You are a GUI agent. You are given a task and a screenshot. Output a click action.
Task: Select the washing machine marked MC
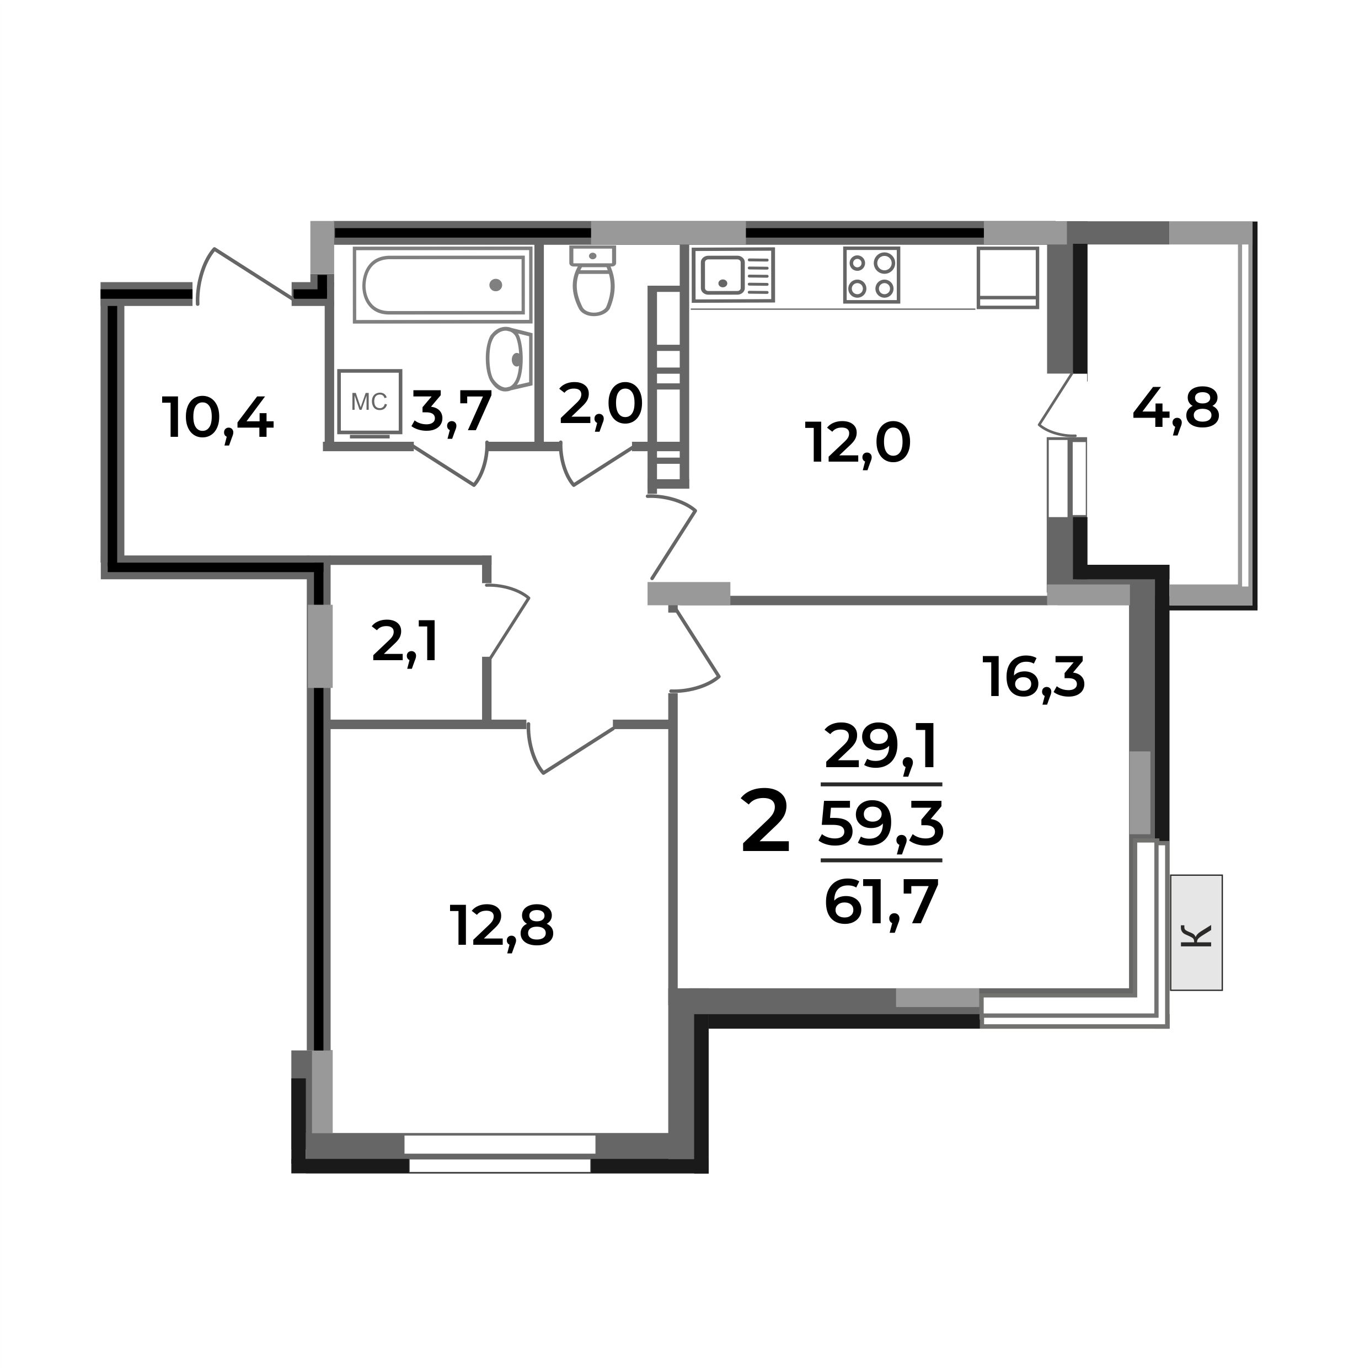point(370,402)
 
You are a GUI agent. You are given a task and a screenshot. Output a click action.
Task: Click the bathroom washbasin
point(509,359)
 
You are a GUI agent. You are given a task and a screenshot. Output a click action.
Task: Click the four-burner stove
point(871,275)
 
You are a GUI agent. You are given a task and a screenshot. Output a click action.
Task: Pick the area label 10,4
point(218,419)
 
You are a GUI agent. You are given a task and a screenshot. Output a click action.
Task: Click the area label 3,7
point(451,411)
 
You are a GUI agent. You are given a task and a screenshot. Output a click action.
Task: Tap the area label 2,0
point(600,405)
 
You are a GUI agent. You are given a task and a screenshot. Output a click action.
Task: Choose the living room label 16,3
point(1033,677)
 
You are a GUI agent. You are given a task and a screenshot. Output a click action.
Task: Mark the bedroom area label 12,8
point(501,926)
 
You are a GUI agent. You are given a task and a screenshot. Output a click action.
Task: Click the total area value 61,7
point(881,902)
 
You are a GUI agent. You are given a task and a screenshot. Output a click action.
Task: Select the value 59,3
point(881,825)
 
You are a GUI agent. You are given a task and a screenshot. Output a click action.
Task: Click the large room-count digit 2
point(765,824)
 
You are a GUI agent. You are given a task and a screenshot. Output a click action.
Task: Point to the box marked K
point(1196,933)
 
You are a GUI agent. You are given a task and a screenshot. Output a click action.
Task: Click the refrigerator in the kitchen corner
point(1007,277)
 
